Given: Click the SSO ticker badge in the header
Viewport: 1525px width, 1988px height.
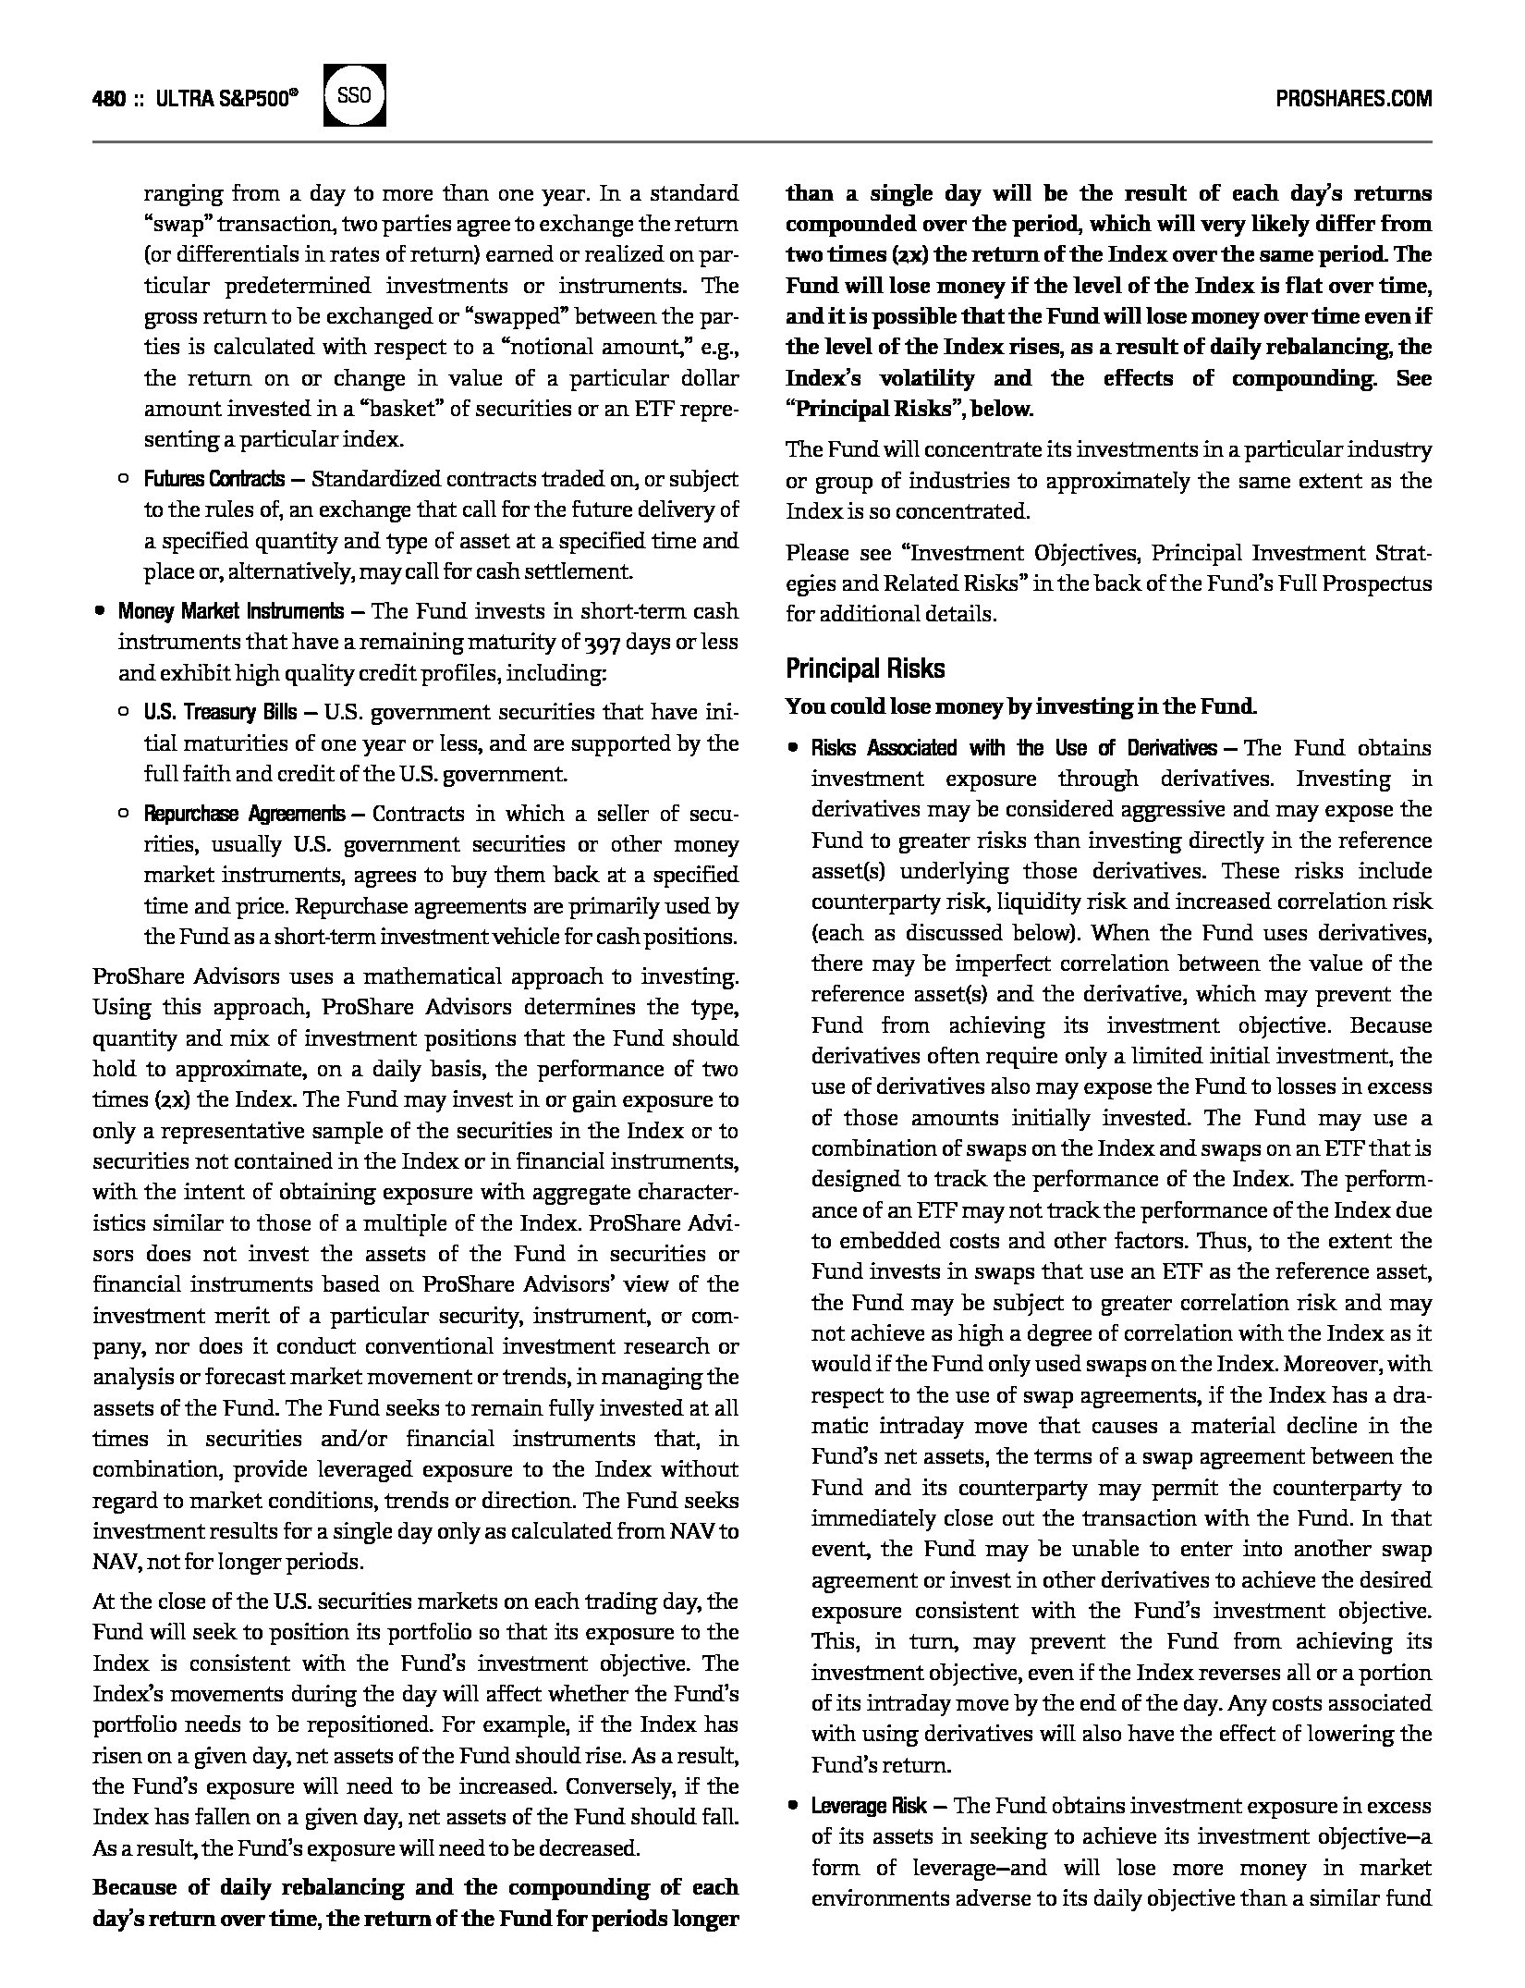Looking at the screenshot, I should click(x=354, y=95).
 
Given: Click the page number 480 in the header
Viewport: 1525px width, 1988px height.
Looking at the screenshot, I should click(x=108, y=99).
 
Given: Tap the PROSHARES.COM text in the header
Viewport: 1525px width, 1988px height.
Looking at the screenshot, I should click(x=1353, y=99).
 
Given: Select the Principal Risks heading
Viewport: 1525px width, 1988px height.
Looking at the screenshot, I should click(x=865, y=669).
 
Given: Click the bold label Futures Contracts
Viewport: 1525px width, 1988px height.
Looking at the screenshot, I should click(x=213, y=479).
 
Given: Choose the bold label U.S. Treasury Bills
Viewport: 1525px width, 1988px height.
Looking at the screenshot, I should click(x=220, y=712).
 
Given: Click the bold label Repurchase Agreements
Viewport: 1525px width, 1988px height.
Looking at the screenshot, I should click(x=244, y=814).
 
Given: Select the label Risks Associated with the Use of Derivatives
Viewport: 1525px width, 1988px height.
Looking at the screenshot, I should click(x=1014, y=748).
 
